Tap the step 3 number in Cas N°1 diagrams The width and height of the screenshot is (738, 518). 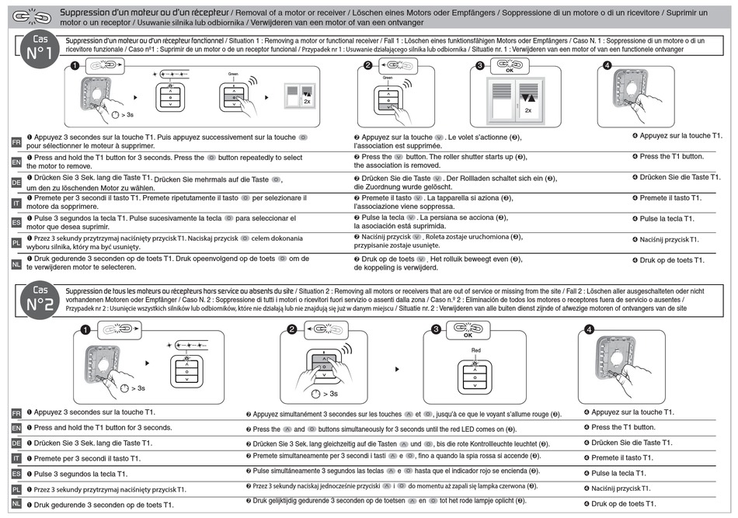pos(480,65)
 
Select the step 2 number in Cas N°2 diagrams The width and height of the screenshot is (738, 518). pos(291,329)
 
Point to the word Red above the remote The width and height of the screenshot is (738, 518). pos(478,350)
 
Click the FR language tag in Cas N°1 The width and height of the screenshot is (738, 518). pos(16,144)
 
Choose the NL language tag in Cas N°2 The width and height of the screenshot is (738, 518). pos(16,506)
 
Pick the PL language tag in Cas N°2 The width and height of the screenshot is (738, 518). pos(16,490)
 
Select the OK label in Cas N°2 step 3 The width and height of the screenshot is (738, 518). pos(468,336)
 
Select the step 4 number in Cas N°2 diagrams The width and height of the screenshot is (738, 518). pos(590,329)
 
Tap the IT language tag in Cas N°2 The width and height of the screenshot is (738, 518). pos(16,458)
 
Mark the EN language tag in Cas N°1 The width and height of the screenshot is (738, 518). pos(16,162)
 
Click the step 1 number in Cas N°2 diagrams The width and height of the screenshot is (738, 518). pos(85,329)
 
